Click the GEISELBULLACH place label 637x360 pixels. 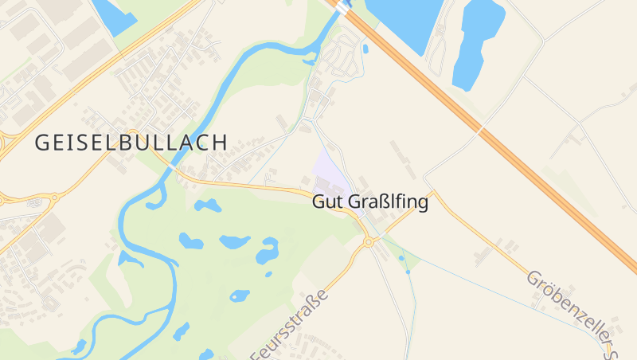[131, 143]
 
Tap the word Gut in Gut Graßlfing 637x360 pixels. [328, 202]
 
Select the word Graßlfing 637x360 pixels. [388, 202]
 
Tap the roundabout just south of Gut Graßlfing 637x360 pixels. [369, 242]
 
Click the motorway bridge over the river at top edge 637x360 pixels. [342, 6]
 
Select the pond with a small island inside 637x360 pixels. [267, 250]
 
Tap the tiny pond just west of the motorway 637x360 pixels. [365, 49]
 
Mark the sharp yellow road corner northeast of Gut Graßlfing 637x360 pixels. [435, 191]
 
